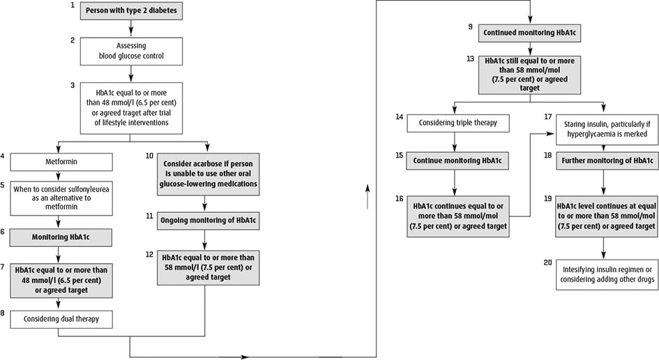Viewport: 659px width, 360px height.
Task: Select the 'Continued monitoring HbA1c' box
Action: point(530,32)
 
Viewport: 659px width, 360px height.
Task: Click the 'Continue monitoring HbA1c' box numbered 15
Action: point(455,160)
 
